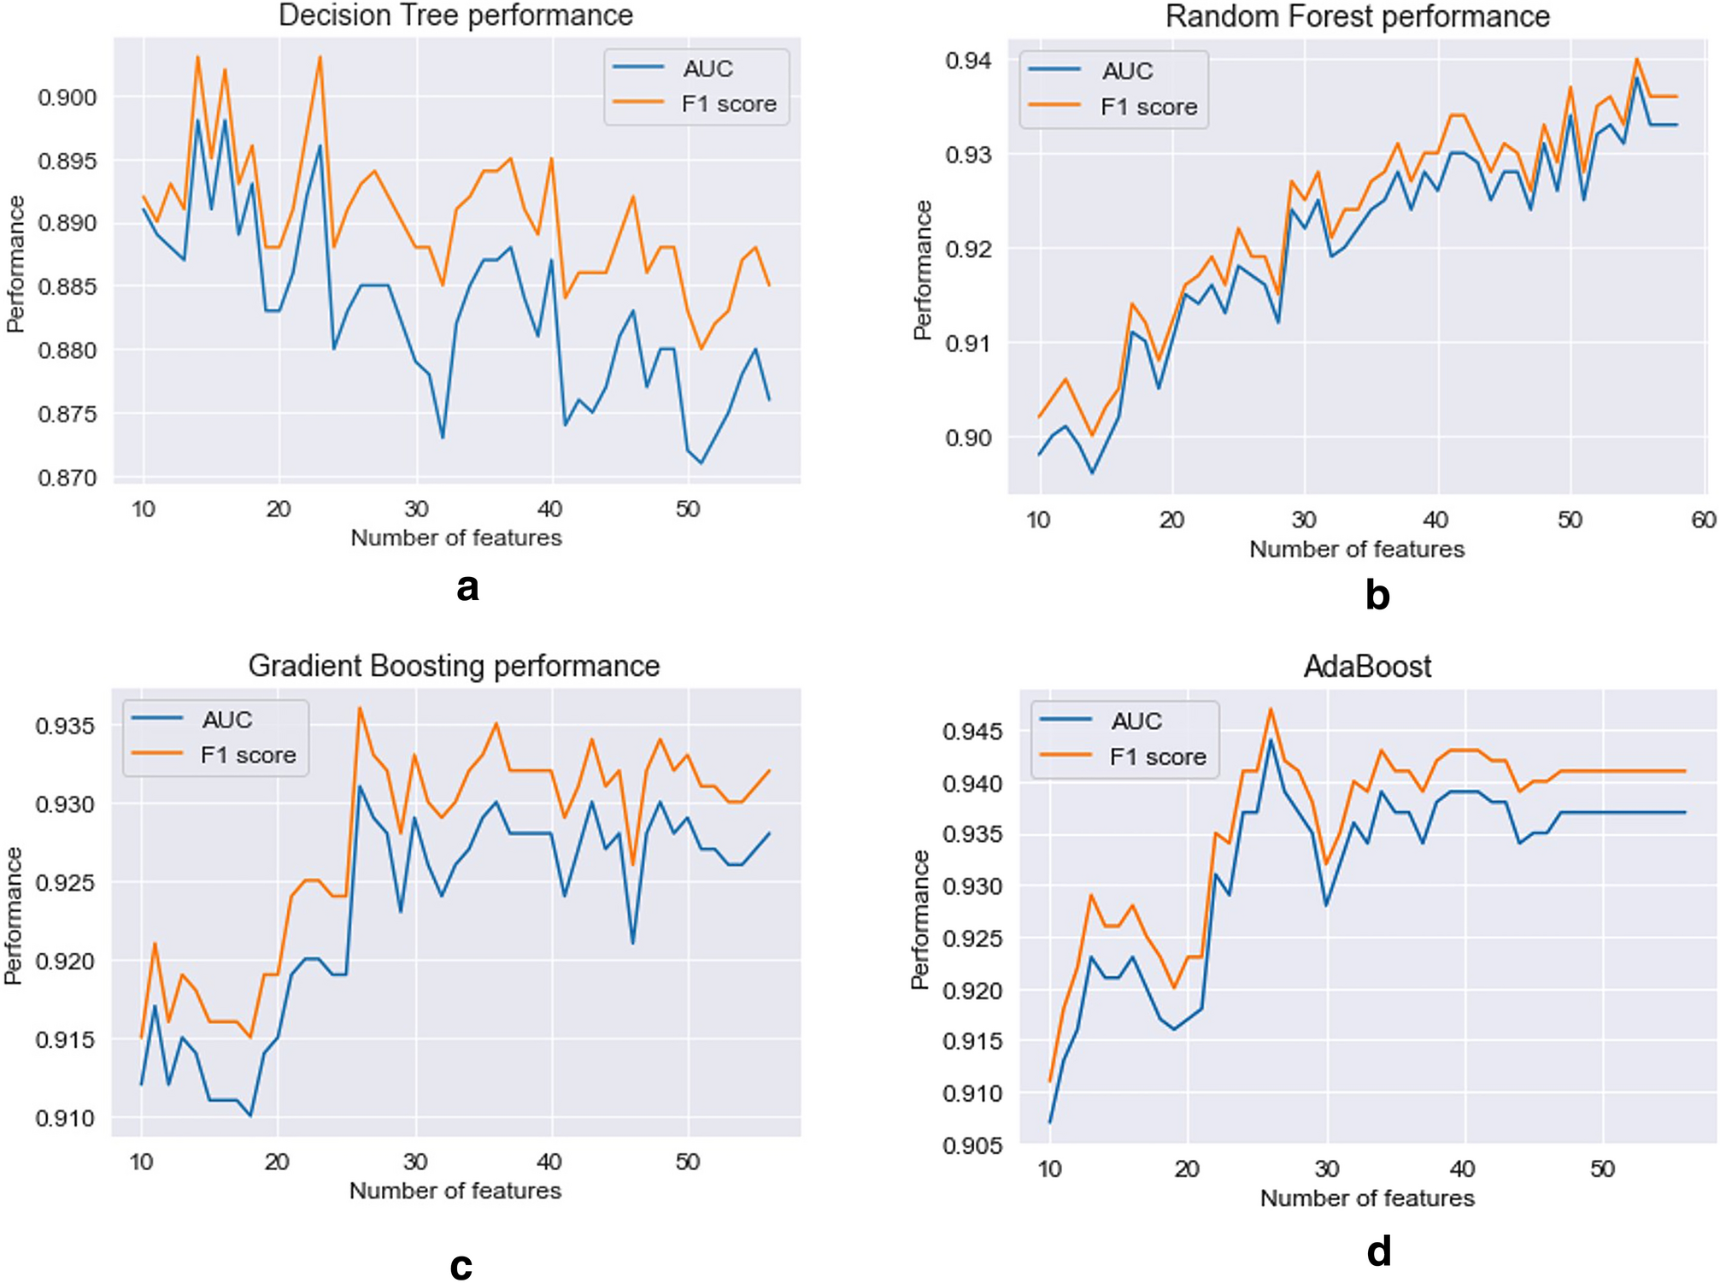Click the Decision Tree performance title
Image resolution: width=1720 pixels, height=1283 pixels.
tap(455, 15)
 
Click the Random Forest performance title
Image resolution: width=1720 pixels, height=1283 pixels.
tap(1357, 16)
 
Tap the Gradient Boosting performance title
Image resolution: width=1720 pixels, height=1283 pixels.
tap(454, 666)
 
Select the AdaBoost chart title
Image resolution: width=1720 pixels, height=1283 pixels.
tap(1367, 667)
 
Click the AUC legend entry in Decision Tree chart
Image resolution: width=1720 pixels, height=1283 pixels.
tap(707, 68)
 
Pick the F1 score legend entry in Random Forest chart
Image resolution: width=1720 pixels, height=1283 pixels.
tap(1148, 107)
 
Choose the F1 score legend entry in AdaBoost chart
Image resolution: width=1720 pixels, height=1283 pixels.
tap(1157, 756)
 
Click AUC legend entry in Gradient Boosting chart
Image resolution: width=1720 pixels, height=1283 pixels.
tap(226, 720)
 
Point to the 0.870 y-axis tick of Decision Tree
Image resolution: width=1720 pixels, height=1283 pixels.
tap(68, 478)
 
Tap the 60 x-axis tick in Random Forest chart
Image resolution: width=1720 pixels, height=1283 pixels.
tap(1703, 520)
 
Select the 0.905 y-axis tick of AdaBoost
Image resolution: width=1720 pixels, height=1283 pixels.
tap(971, 1145)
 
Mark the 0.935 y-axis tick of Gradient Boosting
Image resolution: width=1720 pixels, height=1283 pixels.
tap(66, 727)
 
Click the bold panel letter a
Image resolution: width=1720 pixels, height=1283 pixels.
tap(467, 587)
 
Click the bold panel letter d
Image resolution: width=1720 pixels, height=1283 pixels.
tap(1378, 1251)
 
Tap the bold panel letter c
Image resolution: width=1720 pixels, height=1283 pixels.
tap(461, 1265)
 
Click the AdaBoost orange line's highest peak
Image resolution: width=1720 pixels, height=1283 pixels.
tap(1271, 708)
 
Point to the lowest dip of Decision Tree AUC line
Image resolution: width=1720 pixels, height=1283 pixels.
tap(702, 462)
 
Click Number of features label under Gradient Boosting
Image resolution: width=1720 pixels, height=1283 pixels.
tap(455, 1191)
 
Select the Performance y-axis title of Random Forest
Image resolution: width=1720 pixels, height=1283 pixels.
tap(922, 270)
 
